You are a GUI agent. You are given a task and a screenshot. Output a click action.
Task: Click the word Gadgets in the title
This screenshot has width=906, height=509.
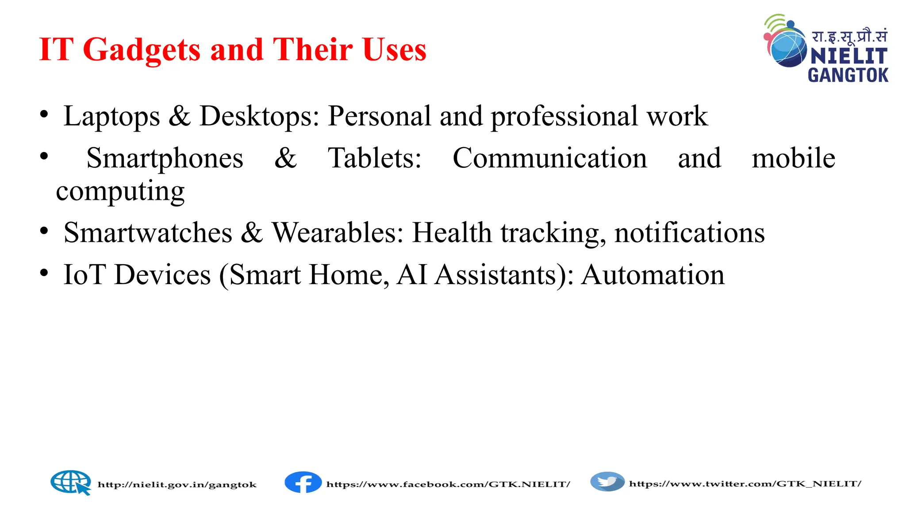[x=142, y=49]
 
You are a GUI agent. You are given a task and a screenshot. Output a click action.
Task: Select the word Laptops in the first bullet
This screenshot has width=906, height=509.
[x=111, y=117]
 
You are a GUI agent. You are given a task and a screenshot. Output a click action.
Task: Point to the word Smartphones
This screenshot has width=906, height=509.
[x=165, y=158]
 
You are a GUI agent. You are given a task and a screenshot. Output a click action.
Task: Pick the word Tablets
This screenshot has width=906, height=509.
[x=374, y=158]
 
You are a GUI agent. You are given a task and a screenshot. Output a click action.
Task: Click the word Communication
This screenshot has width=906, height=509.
[x=550, y=158]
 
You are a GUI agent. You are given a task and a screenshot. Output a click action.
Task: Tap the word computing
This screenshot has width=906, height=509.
[x=120, y=192]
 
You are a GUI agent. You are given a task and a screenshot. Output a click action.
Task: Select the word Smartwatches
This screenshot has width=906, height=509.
[x=148, y=233]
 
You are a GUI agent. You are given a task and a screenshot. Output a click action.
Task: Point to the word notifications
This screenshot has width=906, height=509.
[x=689, y=233]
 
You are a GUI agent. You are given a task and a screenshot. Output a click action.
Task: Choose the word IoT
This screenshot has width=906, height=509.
[x=84, y=275]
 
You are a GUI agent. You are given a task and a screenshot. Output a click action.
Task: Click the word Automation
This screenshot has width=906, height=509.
[x=653, y=275]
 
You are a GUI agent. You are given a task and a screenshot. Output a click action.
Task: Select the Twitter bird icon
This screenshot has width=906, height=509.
[x=607, y=482]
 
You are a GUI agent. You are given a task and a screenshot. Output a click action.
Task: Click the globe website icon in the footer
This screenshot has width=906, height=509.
[x=70, y=482]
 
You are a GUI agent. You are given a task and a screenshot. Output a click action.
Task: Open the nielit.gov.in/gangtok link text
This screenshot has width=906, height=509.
[x=177, y=485]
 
